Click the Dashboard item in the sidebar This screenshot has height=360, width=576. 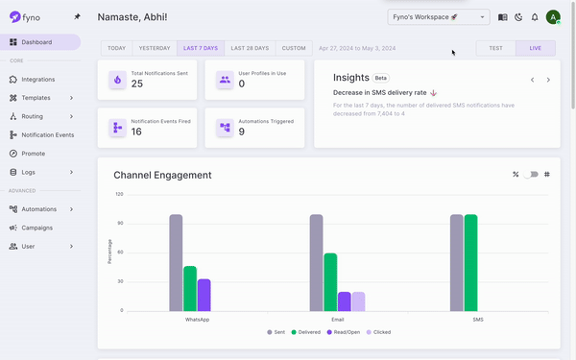pos(36,42)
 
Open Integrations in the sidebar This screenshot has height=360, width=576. pos(37,80)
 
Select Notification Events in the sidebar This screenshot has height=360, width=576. pos(47,135)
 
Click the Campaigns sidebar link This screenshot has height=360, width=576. pos(36,228)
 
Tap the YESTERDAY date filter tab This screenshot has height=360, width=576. pos(155,48)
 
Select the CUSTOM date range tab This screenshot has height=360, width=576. pos(294,48)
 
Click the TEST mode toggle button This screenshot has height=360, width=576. pos(495,48)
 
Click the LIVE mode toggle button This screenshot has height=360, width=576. pos(535,48)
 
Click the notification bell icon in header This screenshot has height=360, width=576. pos(535,17)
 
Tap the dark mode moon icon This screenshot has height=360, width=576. pos(518,17)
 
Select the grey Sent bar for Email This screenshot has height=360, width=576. pos(316,262)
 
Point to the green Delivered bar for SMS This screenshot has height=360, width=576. pos(470,262)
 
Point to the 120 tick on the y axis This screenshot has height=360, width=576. pos(119,194)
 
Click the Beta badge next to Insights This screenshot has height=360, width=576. pos(381,78)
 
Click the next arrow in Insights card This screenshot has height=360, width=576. pos(548,80)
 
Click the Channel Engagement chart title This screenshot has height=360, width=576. pos(162,175)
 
